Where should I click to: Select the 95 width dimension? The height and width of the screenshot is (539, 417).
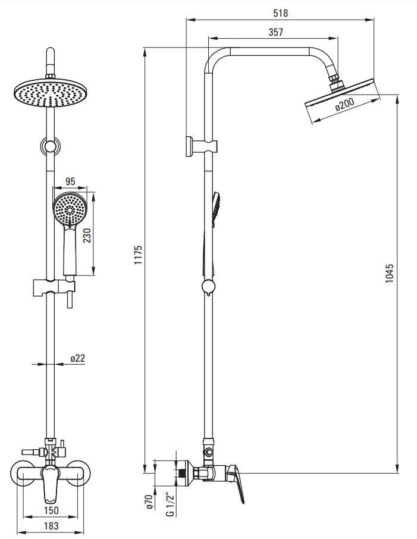(x=70, y=181)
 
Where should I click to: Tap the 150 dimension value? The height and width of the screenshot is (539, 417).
(x=52, y=510)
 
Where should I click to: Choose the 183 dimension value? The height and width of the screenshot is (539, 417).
(x=52, y=527)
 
